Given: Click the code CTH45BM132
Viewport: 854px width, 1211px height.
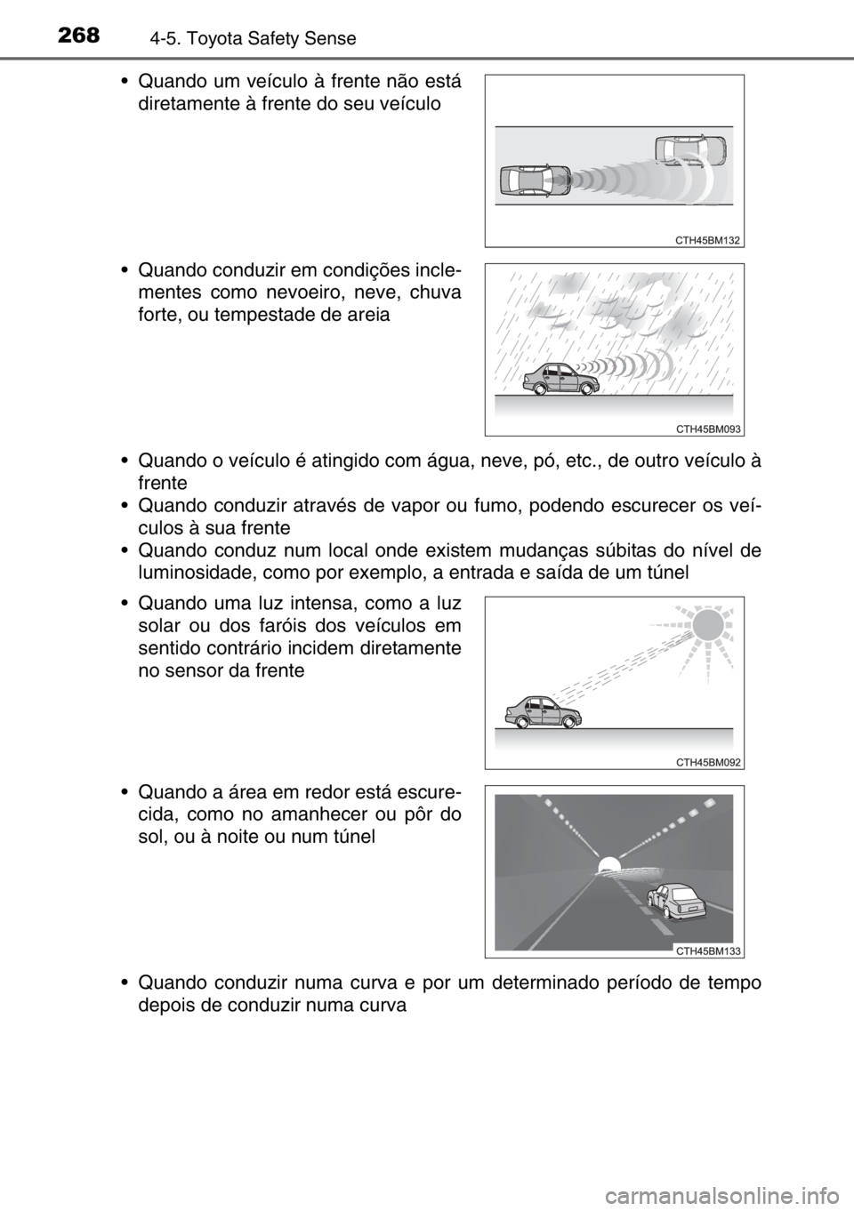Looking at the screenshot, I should [x=707, y=240].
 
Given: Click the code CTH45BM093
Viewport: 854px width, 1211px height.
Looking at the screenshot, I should [x=707, y=429].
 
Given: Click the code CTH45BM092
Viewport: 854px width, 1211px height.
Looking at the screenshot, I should [x=707, y=762].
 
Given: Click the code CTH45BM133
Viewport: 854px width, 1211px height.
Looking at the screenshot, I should [x=707, y=950].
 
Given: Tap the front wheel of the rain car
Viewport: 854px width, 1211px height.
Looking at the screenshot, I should [x=584, y=389].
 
